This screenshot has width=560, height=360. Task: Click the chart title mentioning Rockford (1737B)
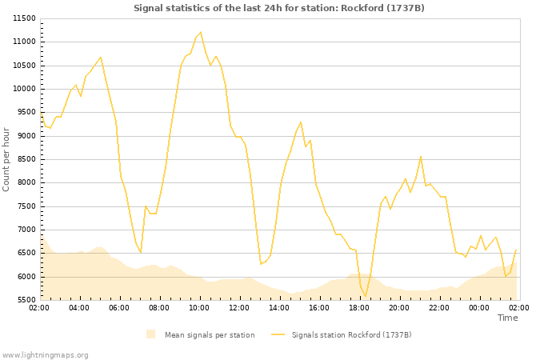pyautogui.click(x=279, y=8)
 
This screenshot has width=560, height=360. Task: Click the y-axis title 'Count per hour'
pyautogui.click(x=7, y=158)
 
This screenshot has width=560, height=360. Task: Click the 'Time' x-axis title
pyautogui.click(x=507, y=318)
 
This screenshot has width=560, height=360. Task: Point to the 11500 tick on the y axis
pyautogui.click(x=25, y=18)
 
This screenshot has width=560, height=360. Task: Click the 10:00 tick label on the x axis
pyautogui.click(x=199, y=307)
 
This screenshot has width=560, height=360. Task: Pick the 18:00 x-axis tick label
pyautogui.click(x=359, y=307)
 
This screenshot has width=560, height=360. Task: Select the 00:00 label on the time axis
pyautogui.click(x=479, y=307)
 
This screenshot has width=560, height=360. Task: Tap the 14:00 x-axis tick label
pyautogui.click(x=279, y=307)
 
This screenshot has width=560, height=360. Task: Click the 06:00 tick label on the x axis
pyautogui.click(x=119, y=307)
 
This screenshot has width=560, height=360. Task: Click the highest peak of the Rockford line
pyautogui.click(x=200, y=33)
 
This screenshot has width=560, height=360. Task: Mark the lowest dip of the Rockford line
pyautogui.click(x=366, y=297)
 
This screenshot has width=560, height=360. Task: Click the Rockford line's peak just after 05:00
pyautogui.click(x=101, y=58)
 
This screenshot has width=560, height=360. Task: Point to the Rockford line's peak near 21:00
pyautogui.click(x=421, y=156)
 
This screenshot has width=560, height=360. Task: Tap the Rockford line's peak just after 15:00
pyautogui.click(x=301, y=122)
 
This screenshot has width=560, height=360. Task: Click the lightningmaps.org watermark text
pyautogui.click(x=46, y=354)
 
